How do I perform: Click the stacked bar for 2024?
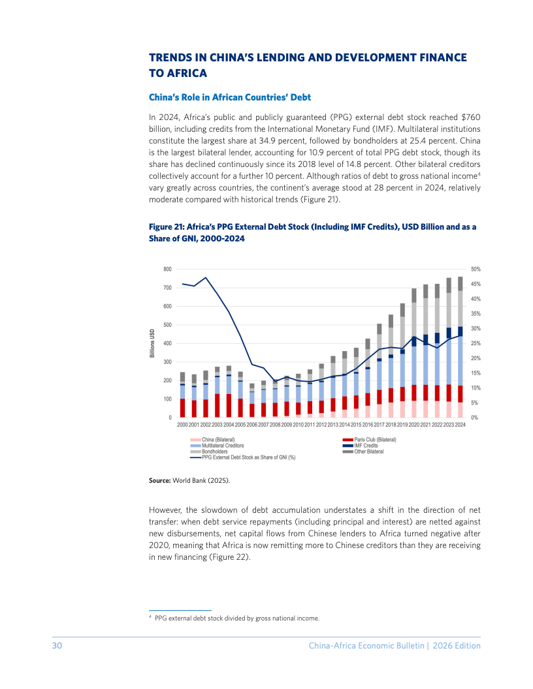(460, 347)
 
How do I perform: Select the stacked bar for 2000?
(182, 395)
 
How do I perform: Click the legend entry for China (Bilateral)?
(212, 439)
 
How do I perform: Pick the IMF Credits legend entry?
(360, 446)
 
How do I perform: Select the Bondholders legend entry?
(209, 452)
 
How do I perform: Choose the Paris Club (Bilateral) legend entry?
(370, 439)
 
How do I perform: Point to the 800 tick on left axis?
(168, 269)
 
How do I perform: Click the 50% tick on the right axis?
(476, 269)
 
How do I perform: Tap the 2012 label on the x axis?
(321, 425)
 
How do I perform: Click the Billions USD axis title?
(152, 343)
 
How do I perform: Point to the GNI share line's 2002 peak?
(206, 277)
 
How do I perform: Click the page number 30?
(57, 645)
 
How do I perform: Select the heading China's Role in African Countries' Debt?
(229, 97)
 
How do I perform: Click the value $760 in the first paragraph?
(470, 117)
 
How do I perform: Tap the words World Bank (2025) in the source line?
(201, 480)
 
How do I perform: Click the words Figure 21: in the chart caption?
(167, 227)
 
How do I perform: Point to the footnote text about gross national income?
(237, 619)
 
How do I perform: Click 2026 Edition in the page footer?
(457, 645)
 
